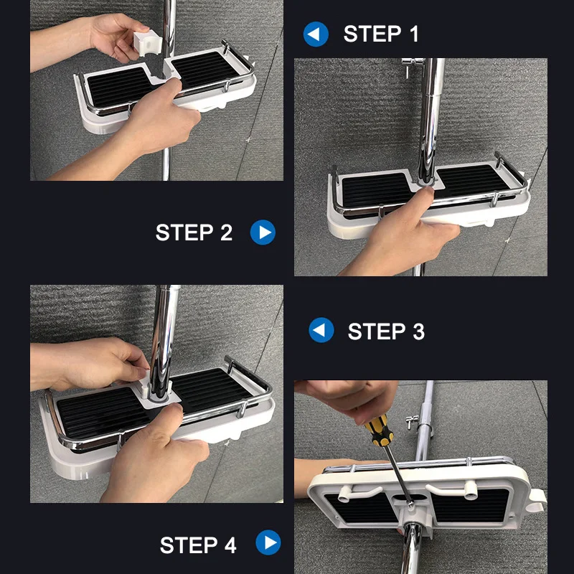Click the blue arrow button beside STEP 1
[x=316, y=34]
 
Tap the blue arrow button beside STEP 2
[x=263, y=232]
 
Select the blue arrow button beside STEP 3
[x=321, y=330]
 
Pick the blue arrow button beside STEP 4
[x=268, y=542]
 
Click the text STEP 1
[x=381, y=34]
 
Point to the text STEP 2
[x=194, y=232]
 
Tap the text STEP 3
[x=386, y=331]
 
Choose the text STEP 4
[x=198, y=545]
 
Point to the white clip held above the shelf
[x=147, y=43]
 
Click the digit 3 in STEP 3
[x=419, y=331]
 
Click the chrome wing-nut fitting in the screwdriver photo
[x=413, y=423]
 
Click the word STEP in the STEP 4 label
[x=189, y=545]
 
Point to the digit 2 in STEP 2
[x=227, y=232]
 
